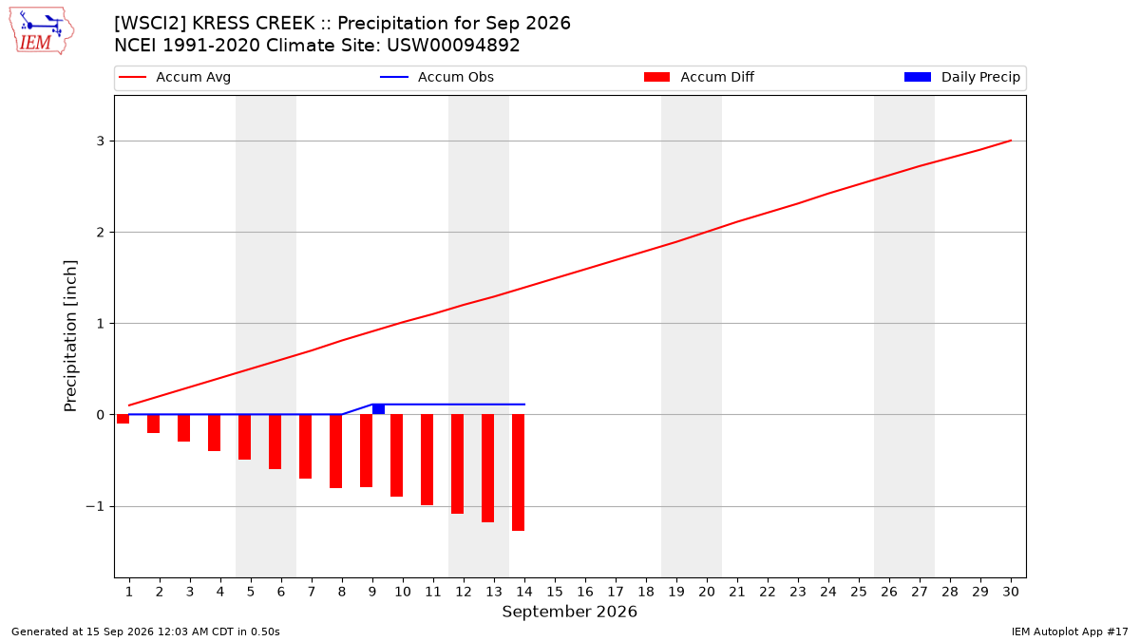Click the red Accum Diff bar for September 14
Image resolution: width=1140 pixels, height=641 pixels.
tap(518, 473)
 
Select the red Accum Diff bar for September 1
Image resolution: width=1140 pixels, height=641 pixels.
tap(123, 419)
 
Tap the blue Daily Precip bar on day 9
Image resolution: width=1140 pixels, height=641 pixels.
tap(378, 409)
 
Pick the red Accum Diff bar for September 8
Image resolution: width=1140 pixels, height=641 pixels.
tap(336, 451)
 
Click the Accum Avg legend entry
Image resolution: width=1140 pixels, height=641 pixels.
tap(175, 77)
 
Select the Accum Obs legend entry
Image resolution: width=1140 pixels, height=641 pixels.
tap(437, 77)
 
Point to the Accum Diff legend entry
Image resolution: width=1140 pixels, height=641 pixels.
tap(699, 77)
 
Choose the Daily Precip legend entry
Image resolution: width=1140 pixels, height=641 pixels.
tap(961, 77)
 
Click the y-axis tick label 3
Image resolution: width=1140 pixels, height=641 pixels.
tap(101, 141)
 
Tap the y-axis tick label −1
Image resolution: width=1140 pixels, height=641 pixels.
tap(95, 507)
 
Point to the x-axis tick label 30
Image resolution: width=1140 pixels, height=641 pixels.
tap(1011, 592)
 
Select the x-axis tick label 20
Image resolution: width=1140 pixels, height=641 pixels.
tap(707, 592)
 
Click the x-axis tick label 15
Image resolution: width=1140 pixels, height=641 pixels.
tap(555, 592)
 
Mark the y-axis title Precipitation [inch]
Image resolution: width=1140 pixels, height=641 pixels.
tap(70, 336)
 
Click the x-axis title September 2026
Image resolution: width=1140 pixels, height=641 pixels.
tap(569, 612)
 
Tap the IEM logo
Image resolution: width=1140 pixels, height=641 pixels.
tap(42, 31)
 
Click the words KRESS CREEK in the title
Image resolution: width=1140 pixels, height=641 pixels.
tap(254, 24)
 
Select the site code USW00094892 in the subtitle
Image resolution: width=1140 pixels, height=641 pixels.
tap(453, 46)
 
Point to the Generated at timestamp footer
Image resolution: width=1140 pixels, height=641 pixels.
tap(145, 632)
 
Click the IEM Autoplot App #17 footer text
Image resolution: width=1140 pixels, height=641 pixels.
tap(1070, 632)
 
